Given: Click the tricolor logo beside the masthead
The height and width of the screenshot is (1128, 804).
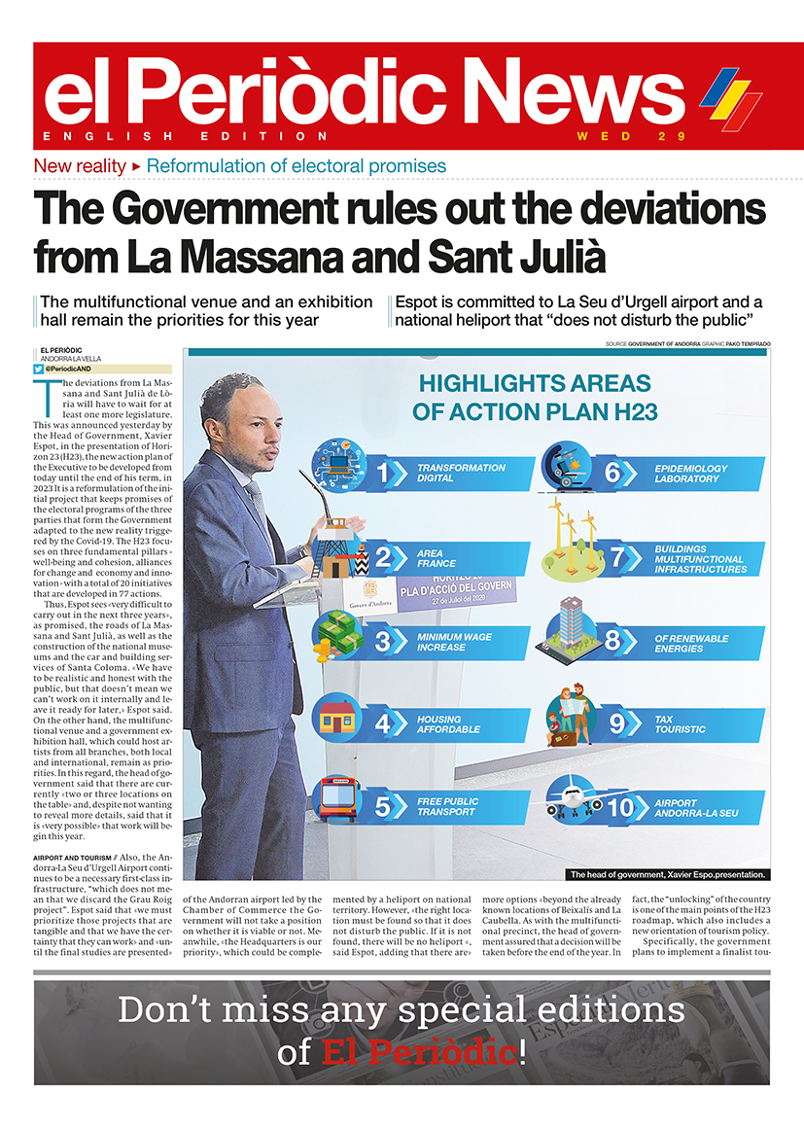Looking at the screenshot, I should tap(730, 98).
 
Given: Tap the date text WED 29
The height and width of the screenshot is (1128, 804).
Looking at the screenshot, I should tap(631, 136).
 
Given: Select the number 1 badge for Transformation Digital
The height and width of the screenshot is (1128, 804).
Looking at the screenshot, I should tap(383, 474).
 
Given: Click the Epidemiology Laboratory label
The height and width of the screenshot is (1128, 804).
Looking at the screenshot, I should tap(691, 474).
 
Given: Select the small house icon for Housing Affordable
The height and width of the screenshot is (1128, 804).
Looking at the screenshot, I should tap(337, 718).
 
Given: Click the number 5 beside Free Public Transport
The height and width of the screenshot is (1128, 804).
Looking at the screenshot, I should tap(383, 806).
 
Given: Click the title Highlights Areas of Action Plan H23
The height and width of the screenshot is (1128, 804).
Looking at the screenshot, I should tap(535, 396).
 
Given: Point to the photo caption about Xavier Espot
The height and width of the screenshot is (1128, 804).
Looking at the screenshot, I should tap(667, 874).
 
